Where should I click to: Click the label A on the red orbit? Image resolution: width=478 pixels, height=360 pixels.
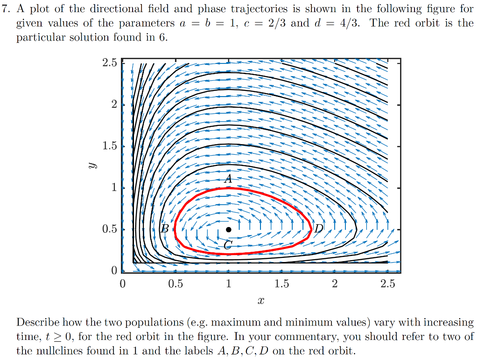pos(228,179)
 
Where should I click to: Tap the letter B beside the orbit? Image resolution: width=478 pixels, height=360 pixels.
pos(164,228)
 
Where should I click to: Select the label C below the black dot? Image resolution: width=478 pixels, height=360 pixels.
pos(227,246)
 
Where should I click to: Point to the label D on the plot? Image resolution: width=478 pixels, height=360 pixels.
pos(318,228)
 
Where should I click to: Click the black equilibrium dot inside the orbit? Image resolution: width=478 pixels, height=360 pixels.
pos(228,229)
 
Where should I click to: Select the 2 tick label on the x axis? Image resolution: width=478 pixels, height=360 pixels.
pos(334,284)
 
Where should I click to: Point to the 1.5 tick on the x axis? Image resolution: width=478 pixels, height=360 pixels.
pos(281,284)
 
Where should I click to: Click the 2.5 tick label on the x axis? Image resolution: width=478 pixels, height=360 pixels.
pos(387,284)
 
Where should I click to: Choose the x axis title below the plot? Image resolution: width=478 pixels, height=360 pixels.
pos(260,302)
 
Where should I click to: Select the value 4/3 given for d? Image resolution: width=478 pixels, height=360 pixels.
pos(350,23)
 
